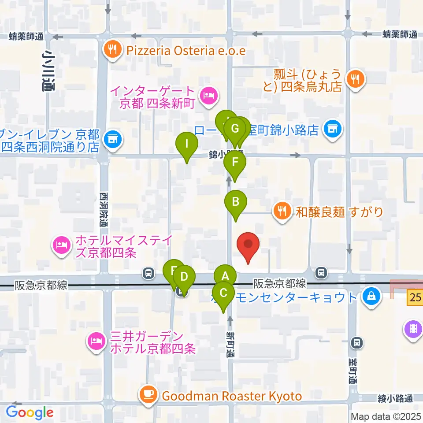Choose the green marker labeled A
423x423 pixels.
(226, 277)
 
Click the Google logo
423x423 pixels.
(30, 412)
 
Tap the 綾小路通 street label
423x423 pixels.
(395, 399)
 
